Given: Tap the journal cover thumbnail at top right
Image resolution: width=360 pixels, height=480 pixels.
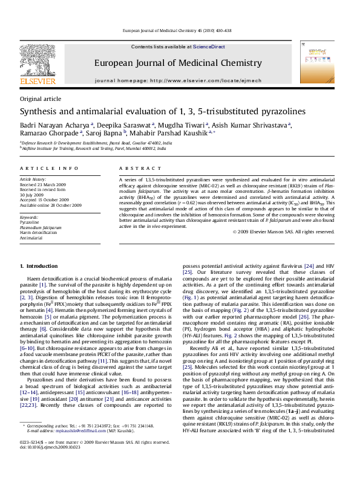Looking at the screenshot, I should point(319,62).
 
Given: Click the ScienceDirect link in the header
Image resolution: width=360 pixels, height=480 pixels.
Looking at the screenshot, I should point(209,47).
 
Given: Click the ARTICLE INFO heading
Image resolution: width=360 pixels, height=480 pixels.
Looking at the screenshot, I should point(49,169).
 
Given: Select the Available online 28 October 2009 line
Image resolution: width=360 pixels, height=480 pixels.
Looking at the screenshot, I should point(51,206).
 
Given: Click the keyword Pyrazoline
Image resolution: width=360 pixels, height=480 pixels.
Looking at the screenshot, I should point(31,222).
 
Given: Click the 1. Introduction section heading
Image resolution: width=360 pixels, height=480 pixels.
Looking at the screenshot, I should point(39,266).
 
